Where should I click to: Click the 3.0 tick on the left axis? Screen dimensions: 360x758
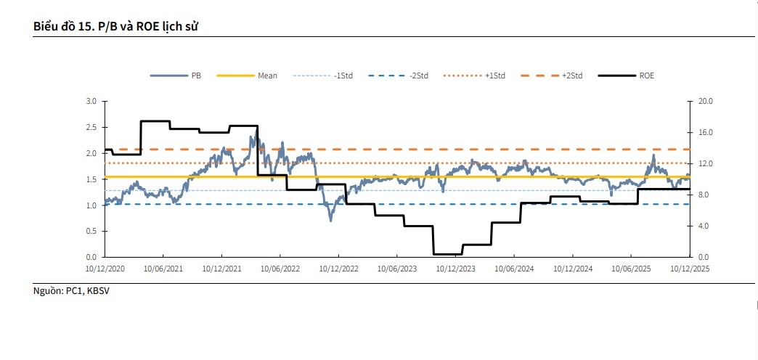point(91,102)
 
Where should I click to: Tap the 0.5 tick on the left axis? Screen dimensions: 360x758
point(91,232)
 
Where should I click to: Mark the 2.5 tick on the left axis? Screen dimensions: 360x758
point(91,128)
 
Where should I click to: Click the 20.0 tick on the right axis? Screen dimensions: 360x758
point(705,102)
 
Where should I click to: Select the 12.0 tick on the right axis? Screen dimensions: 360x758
point(705,164)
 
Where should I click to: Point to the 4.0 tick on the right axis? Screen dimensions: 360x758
point(705,226)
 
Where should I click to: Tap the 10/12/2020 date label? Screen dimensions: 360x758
point(105,269)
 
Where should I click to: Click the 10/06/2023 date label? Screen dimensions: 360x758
point(396,269)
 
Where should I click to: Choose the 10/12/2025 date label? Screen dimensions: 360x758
point(688,269)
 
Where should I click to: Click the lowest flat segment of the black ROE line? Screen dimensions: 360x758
point(447,254)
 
